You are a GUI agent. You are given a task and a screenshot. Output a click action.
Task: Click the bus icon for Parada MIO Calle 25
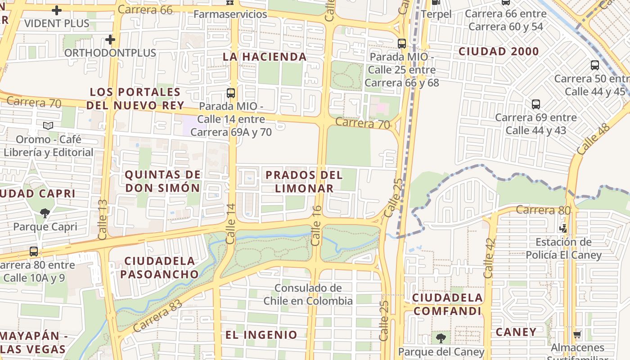pos(402,44)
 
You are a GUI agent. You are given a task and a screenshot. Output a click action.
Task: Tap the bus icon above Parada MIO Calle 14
pos(231,93)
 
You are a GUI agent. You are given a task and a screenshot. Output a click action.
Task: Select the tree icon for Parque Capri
pos(45,213)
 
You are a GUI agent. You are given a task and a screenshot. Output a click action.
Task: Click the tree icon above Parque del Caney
pos(441,338)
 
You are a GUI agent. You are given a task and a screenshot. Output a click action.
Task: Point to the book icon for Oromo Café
pos(48,126)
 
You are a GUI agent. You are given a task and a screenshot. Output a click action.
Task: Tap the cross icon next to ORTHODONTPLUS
pos(110,40)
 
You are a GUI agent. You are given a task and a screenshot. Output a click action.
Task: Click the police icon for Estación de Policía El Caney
pos(562,228)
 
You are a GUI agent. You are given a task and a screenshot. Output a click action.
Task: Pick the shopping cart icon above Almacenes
pos(577,334)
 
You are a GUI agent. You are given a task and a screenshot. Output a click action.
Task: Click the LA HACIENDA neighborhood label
pos(265,57)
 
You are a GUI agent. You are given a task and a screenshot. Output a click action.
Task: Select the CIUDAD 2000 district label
pos(499,51)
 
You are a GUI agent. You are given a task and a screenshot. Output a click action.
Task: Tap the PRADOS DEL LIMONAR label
pos(304,181)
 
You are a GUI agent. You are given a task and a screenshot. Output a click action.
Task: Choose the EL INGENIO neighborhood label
pos(261,334)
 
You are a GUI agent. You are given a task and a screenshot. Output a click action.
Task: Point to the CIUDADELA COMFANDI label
pos(448,304)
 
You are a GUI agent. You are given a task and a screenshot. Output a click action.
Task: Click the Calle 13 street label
pos(102,219)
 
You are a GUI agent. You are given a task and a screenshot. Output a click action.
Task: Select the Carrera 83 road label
pos(157,315)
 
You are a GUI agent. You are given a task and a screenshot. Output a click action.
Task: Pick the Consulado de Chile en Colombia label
pos(308,294)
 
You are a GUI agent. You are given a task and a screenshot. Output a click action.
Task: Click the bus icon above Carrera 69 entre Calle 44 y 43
pos(536,104)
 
